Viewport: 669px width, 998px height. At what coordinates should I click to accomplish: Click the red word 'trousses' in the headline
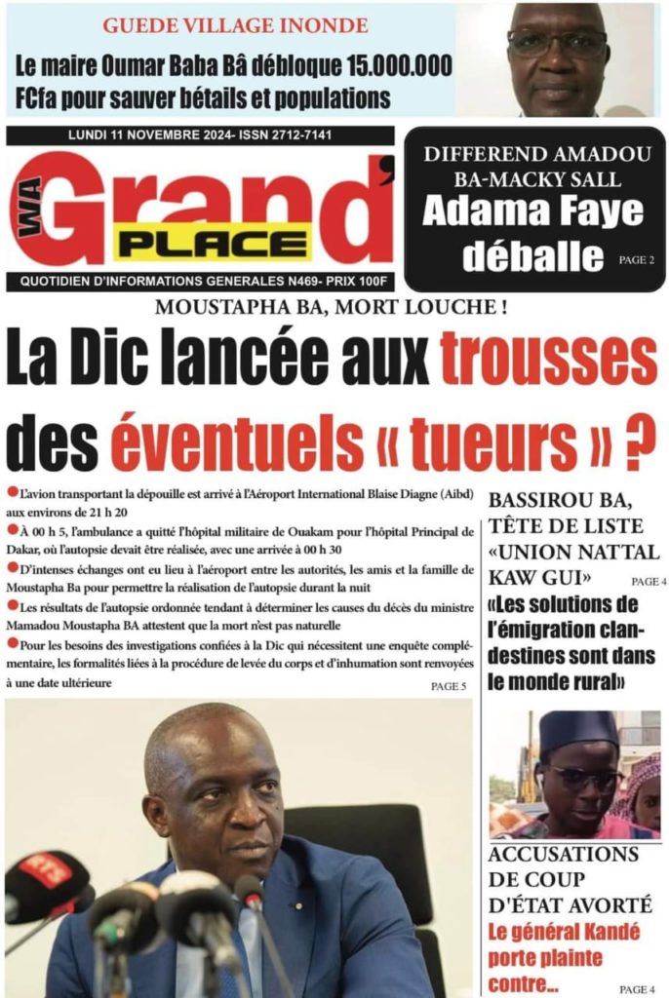click(549, 359)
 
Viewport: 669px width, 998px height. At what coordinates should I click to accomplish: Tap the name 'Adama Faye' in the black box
click(532, 211)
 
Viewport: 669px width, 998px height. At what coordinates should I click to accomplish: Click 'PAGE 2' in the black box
click(636, 261)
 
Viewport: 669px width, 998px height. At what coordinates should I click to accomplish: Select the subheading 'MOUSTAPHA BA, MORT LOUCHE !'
click(332, 308)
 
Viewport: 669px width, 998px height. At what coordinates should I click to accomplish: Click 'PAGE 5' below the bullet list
click(449, 687)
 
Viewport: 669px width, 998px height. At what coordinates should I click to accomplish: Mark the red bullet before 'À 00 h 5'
click(11, 530)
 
